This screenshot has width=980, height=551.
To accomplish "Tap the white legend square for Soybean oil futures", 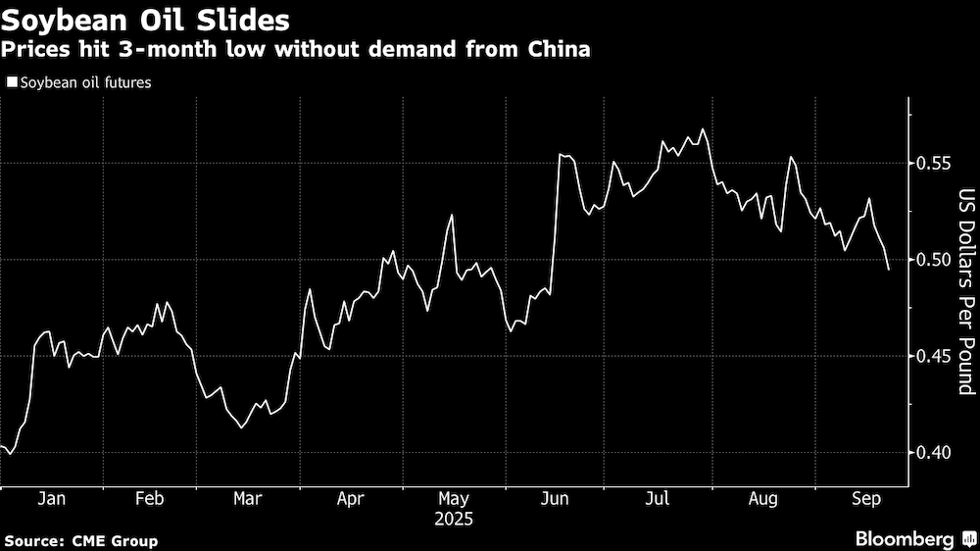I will (x=11, y=83).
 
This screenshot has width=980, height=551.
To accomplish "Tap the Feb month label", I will (x=149, y=498).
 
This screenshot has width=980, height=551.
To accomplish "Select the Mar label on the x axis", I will (x=247, y=498).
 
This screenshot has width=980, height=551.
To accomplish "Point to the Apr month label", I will (x=350, y=498).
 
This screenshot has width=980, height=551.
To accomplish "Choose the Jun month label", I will (x=555, y=498).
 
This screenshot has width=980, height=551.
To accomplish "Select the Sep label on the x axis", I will (x=862, y=498).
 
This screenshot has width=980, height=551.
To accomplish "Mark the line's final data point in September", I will (x=889, y=270).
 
